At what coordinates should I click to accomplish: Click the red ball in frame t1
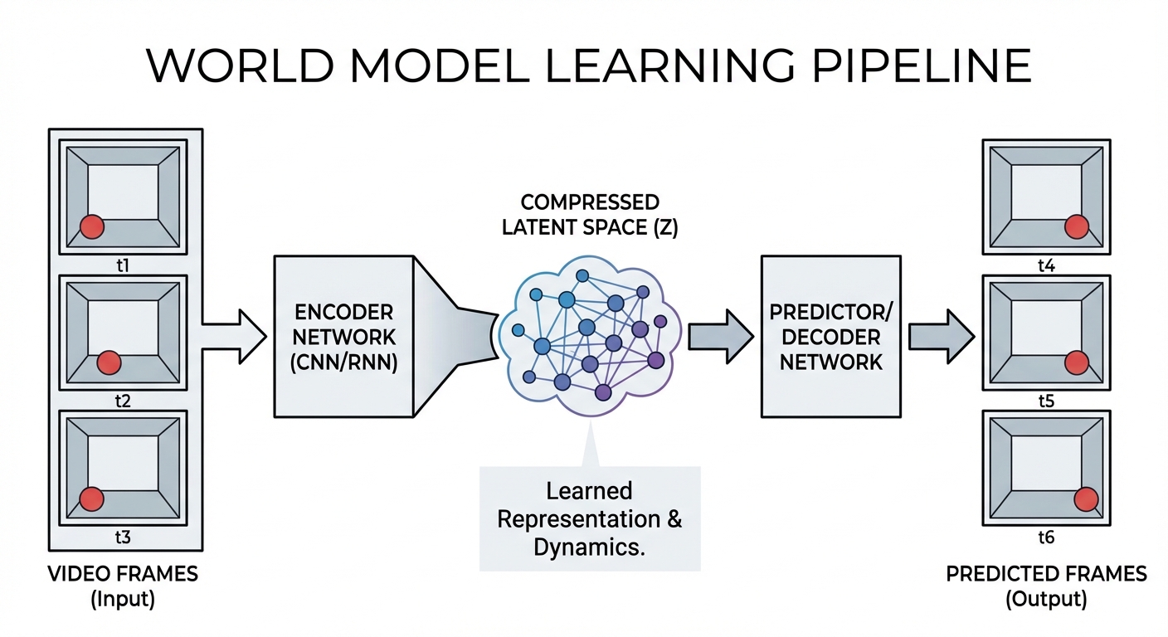(x=91, y=226)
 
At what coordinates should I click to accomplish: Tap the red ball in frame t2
(x=109, y=362)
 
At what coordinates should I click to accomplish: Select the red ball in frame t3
(x=91, y=498)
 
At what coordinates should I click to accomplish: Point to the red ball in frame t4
(x=1077, y=226)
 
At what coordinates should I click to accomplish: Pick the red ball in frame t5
(x=1077, y=362)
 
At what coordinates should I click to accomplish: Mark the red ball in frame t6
(x=1086, y=498)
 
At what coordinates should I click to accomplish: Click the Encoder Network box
(x=343, y=337)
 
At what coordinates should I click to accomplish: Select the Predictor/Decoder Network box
(x=830, y=337)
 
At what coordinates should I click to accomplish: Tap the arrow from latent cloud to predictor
(x=720, y=337)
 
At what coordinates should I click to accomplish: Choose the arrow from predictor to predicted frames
(x=941, y=337)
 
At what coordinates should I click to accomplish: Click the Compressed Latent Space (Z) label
(x=590, y=215)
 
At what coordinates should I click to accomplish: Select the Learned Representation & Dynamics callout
(x=590, y=518)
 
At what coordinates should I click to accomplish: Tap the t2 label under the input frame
(x=123, y=401)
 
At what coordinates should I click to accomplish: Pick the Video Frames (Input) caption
(x=123, y=586)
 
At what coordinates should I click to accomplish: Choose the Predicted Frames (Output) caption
(x=1046, y=586)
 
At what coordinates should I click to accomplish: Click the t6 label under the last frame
(x=1046, y=537)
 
